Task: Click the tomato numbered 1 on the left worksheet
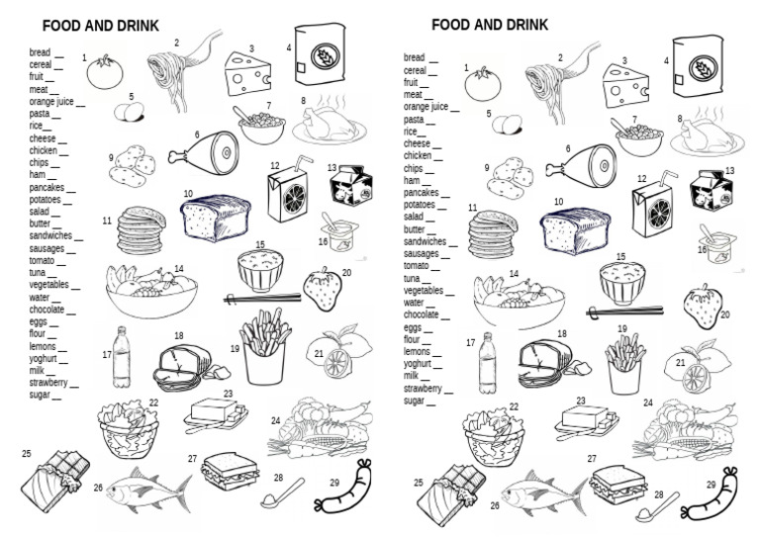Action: tap(103, 73)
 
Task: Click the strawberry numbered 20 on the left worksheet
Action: tap(322, 292)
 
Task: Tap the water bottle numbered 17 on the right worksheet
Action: tap(487, 362)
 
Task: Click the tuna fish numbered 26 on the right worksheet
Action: tap(539, 492)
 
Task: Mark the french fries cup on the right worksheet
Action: tap(626, 363)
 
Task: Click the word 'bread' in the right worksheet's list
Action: tap(414, 58)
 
